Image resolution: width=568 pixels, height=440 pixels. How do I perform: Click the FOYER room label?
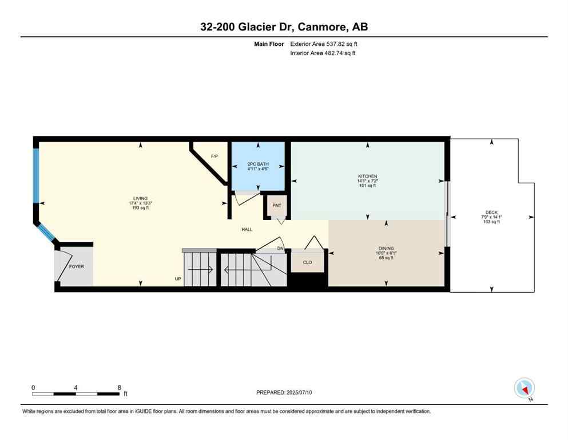[77, 266]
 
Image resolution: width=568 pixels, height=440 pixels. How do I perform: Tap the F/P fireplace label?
[215, 156]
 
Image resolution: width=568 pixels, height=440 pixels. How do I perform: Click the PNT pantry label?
[277, 206]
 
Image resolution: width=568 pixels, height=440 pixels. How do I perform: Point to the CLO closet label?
[307, 263]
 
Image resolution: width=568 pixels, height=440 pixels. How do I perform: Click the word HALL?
[247, 230]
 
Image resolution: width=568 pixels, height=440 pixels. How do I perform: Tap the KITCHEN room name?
[368, 176]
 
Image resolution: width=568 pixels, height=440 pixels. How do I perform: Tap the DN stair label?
[280, 248]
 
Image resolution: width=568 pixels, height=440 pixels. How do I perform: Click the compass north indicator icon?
[524, 388]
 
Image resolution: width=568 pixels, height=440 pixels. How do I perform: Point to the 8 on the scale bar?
[118, 387]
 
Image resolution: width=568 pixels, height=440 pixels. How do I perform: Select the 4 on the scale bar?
[76, 387]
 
